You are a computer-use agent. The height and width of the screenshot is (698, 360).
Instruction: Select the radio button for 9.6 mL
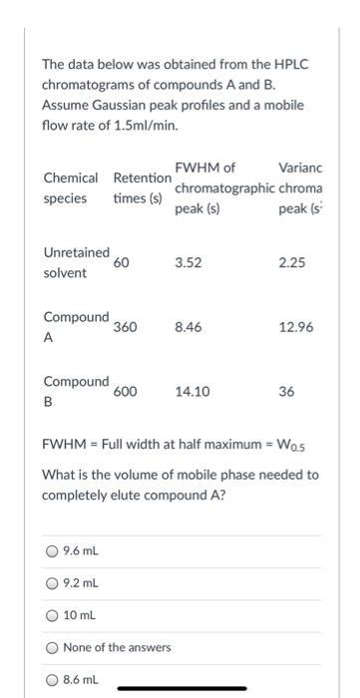point(51,551)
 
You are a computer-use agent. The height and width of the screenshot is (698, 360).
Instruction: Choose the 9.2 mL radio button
point(51,583)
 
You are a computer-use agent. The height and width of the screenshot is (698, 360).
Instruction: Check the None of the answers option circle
point(51,647)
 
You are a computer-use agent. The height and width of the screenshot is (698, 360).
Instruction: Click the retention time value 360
point(125,326)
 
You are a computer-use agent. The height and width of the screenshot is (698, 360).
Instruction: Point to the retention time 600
point(125,392)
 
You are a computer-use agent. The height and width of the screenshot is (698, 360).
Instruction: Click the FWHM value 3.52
point(186,263)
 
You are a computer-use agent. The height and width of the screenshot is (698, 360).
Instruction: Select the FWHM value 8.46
point(186,326)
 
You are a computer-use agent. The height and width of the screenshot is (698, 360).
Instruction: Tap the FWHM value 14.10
point(191,392)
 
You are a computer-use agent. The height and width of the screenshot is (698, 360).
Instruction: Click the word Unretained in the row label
point(76,252)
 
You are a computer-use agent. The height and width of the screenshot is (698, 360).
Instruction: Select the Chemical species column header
point(70,187)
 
